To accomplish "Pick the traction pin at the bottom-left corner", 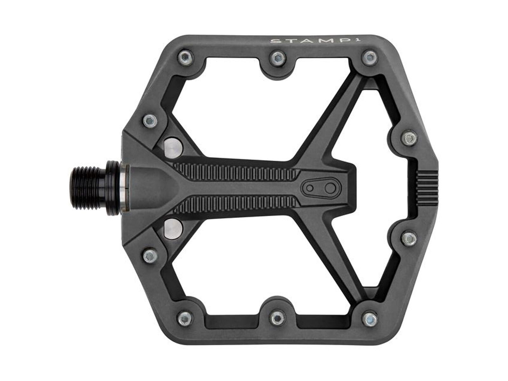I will tap(184, 318).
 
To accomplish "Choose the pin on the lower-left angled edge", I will tap(149, 255).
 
